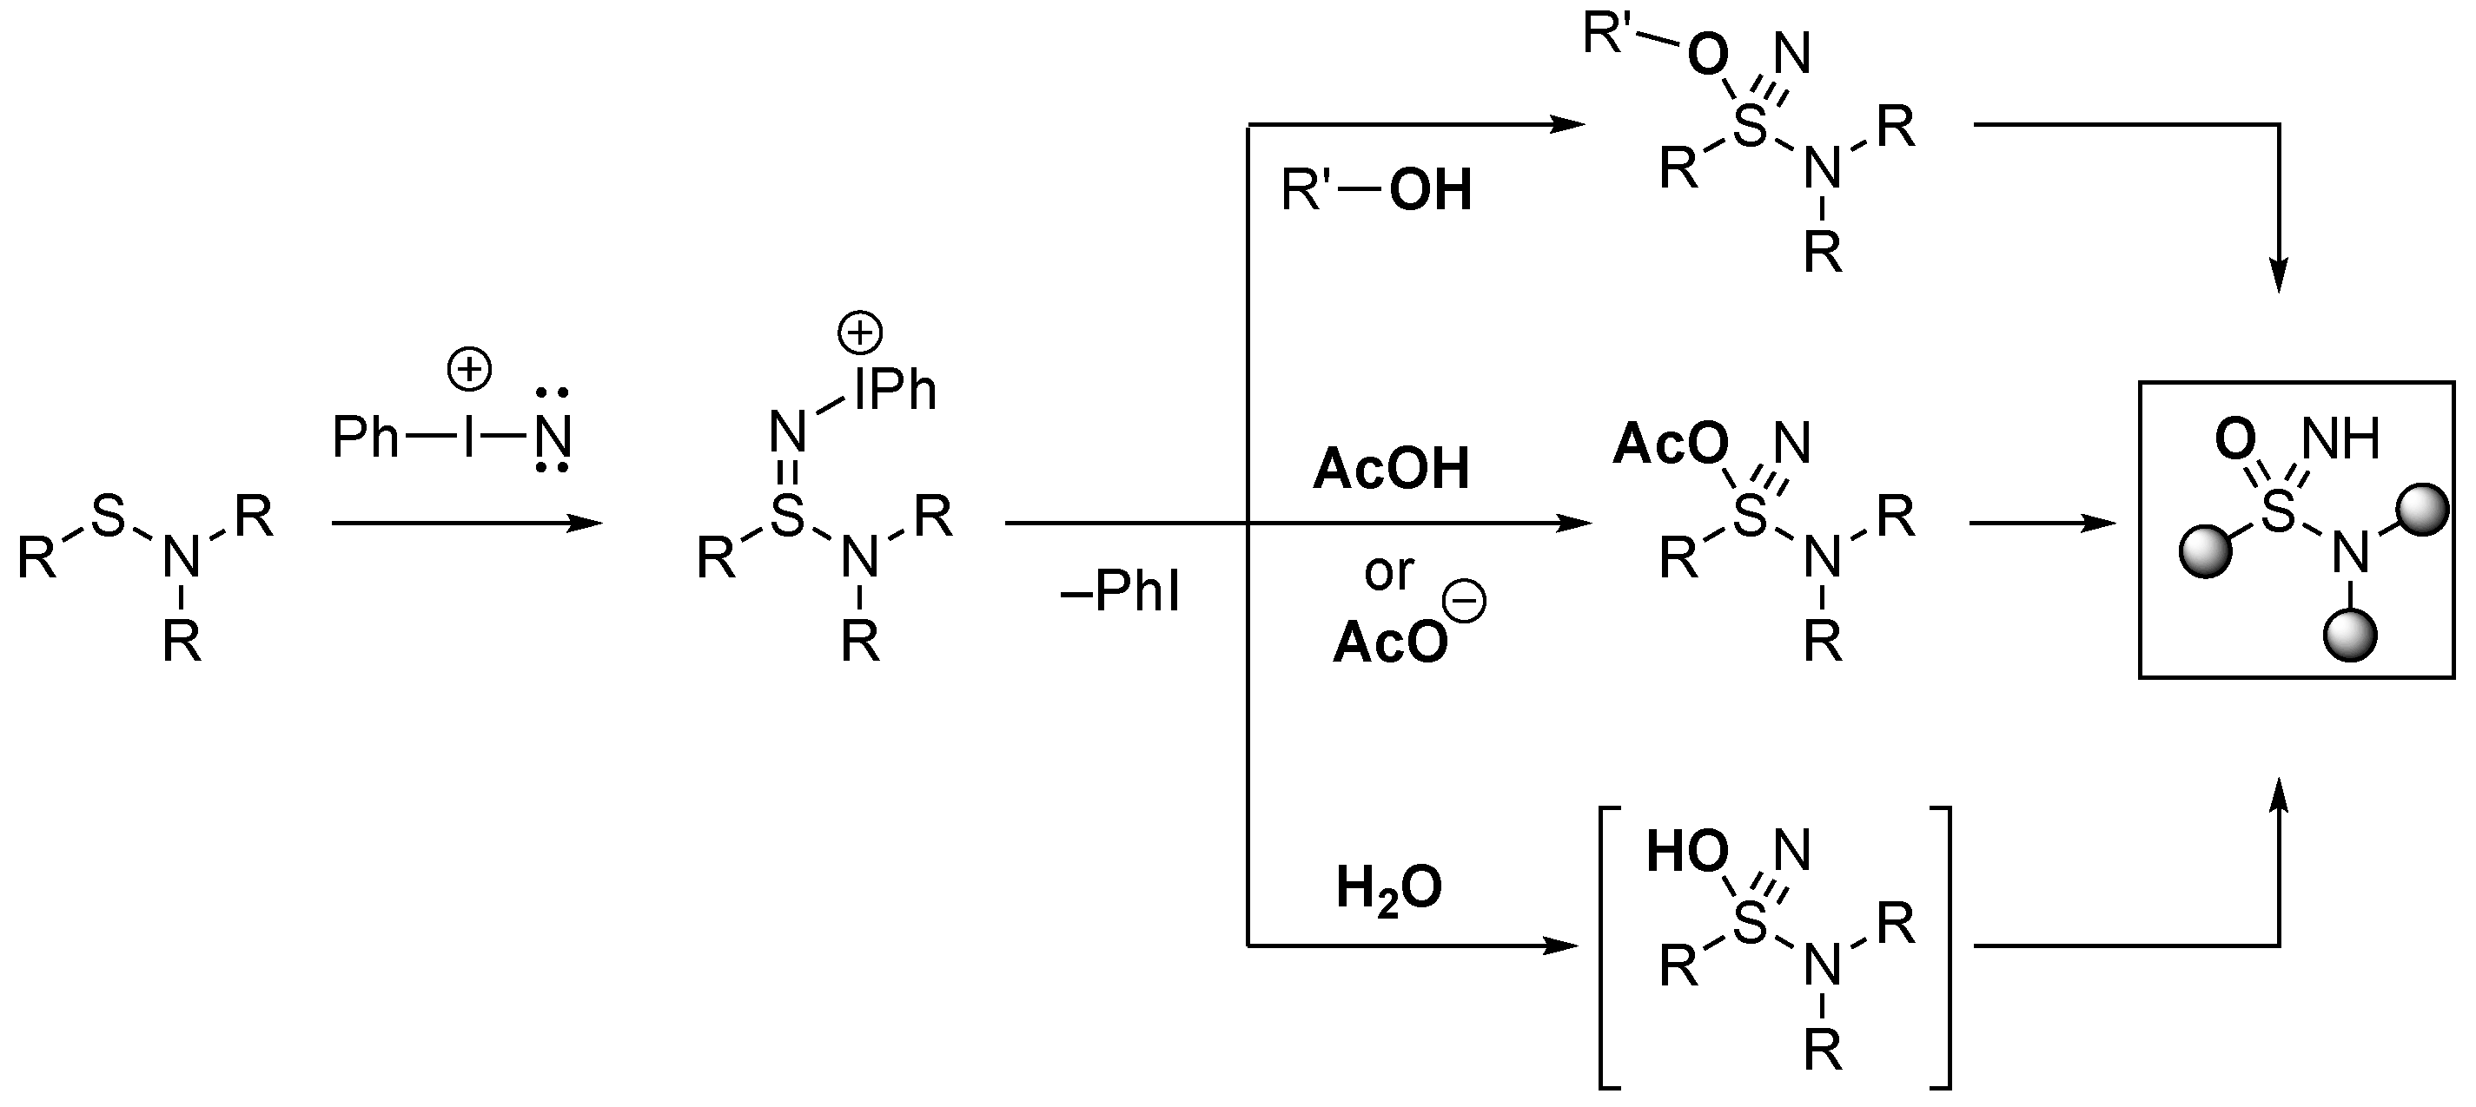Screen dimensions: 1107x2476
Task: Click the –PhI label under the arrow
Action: click(1120, 591)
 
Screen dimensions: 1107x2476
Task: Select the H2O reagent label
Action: click(1388, 888)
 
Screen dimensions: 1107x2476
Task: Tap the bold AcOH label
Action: click(1391, 470)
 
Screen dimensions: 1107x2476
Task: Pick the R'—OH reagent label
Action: click(1375, 189)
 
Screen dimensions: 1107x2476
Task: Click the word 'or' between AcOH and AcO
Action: click(1388, 573)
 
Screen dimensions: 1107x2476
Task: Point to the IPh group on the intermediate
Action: click(894, 389)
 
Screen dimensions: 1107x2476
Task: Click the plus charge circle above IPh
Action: click(859, 333)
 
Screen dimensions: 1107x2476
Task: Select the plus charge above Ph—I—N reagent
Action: click(469, 369)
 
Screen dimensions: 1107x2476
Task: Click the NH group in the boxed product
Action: click(2340, 439)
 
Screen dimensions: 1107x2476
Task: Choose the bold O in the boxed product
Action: click(2234, 439)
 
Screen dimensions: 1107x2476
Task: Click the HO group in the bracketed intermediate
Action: click(1687, 852)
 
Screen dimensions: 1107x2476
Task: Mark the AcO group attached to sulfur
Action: click(1670, 445)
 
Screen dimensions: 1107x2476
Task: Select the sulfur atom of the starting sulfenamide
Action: click(108, 516)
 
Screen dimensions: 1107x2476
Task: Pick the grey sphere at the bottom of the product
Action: click(2350, 636)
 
